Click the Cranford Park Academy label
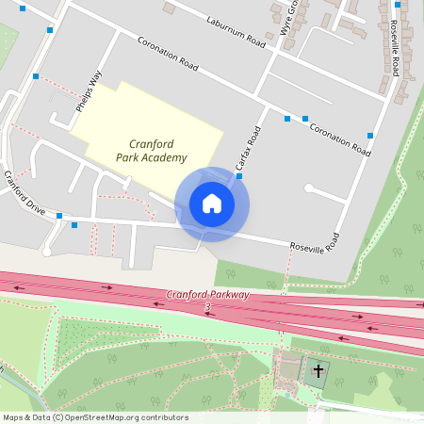[x=152, y=151]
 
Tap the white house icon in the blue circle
[x=212, y=204]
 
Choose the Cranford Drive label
[x=24, y=192]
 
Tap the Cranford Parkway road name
[x=208, y=295]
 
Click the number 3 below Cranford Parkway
[x=207, y=307]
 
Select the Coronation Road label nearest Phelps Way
[x=168, y=54]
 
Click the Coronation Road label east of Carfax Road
[x=340, y=138]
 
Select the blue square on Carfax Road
[x=239, y=175]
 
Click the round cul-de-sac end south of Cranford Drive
[x=46, y=252]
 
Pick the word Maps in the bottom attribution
[x=13, y=417]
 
